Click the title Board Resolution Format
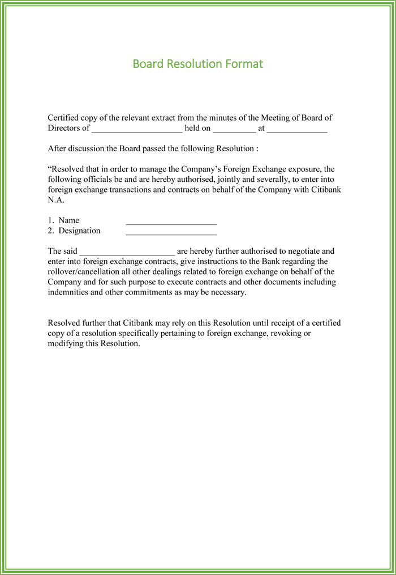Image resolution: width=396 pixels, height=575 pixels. [197, 63]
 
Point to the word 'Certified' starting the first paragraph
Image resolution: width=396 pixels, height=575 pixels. [63, 118]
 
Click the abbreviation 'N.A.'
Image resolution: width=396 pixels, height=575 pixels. [56, 200]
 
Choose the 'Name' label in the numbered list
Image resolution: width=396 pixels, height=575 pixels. [68, 220]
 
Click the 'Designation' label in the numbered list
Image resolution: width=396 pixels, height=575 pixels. [79, 231]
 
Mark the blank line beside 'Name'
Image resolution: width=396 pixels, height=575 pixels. [171, 222]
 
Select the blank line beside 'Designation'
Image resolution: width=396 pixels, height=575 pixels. [171, 232]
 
